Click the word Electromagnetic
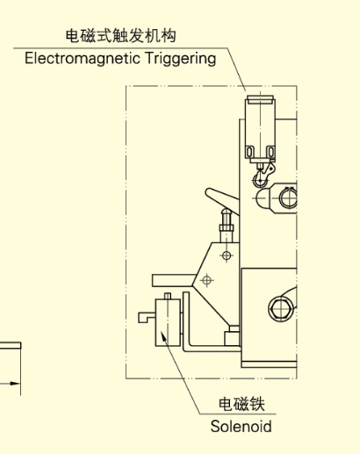point(83,59)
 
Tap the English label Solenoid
point(241,426)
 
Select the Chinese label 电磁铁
point(241,404)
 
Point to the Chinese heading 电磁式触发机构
point(120,36)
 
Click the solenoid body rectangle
point(168,322)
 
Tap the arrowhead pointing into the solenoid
point(164,336)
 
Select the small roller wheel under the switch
point(259,180)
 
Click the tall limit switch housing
point(260,128)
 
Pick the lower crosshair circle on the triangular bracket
point(207,280)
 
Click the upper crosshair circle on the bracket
point(227,256)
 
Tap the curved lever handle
point(220,197)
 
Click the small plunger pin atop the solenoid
point(168,296)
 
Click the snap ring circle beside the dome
point(288,198)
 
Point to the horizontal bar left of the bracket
point(174,280)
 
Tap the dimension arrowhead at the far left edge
point(15,383)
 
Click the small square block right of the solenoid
point(232,338)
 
